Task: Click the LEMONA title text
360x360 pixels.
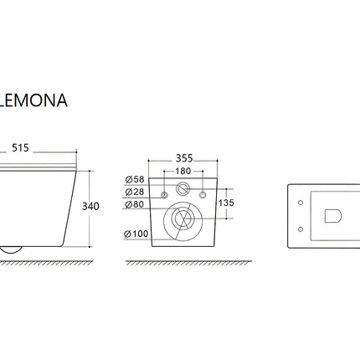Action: click(33, 100)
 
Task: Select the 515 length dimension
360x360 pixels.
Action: click(20, 148)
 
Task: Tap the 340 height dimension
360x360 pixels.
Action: click(90, 207)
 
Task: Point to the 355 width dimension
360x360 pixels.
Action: click(184, 158)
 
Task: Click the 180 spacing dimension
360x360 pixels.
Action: click(183, 171)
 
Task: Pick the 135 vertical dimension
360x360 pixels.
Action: click(226, 203)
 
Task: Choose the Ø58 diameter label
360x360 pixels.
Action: click(135, 179)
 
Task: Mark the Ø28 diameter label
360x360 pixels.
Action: click(135, 192)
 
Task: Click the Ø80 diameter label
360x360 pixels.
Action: click(135, 204)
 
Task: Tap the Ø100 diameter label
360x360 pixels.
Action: click(136, 234)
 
